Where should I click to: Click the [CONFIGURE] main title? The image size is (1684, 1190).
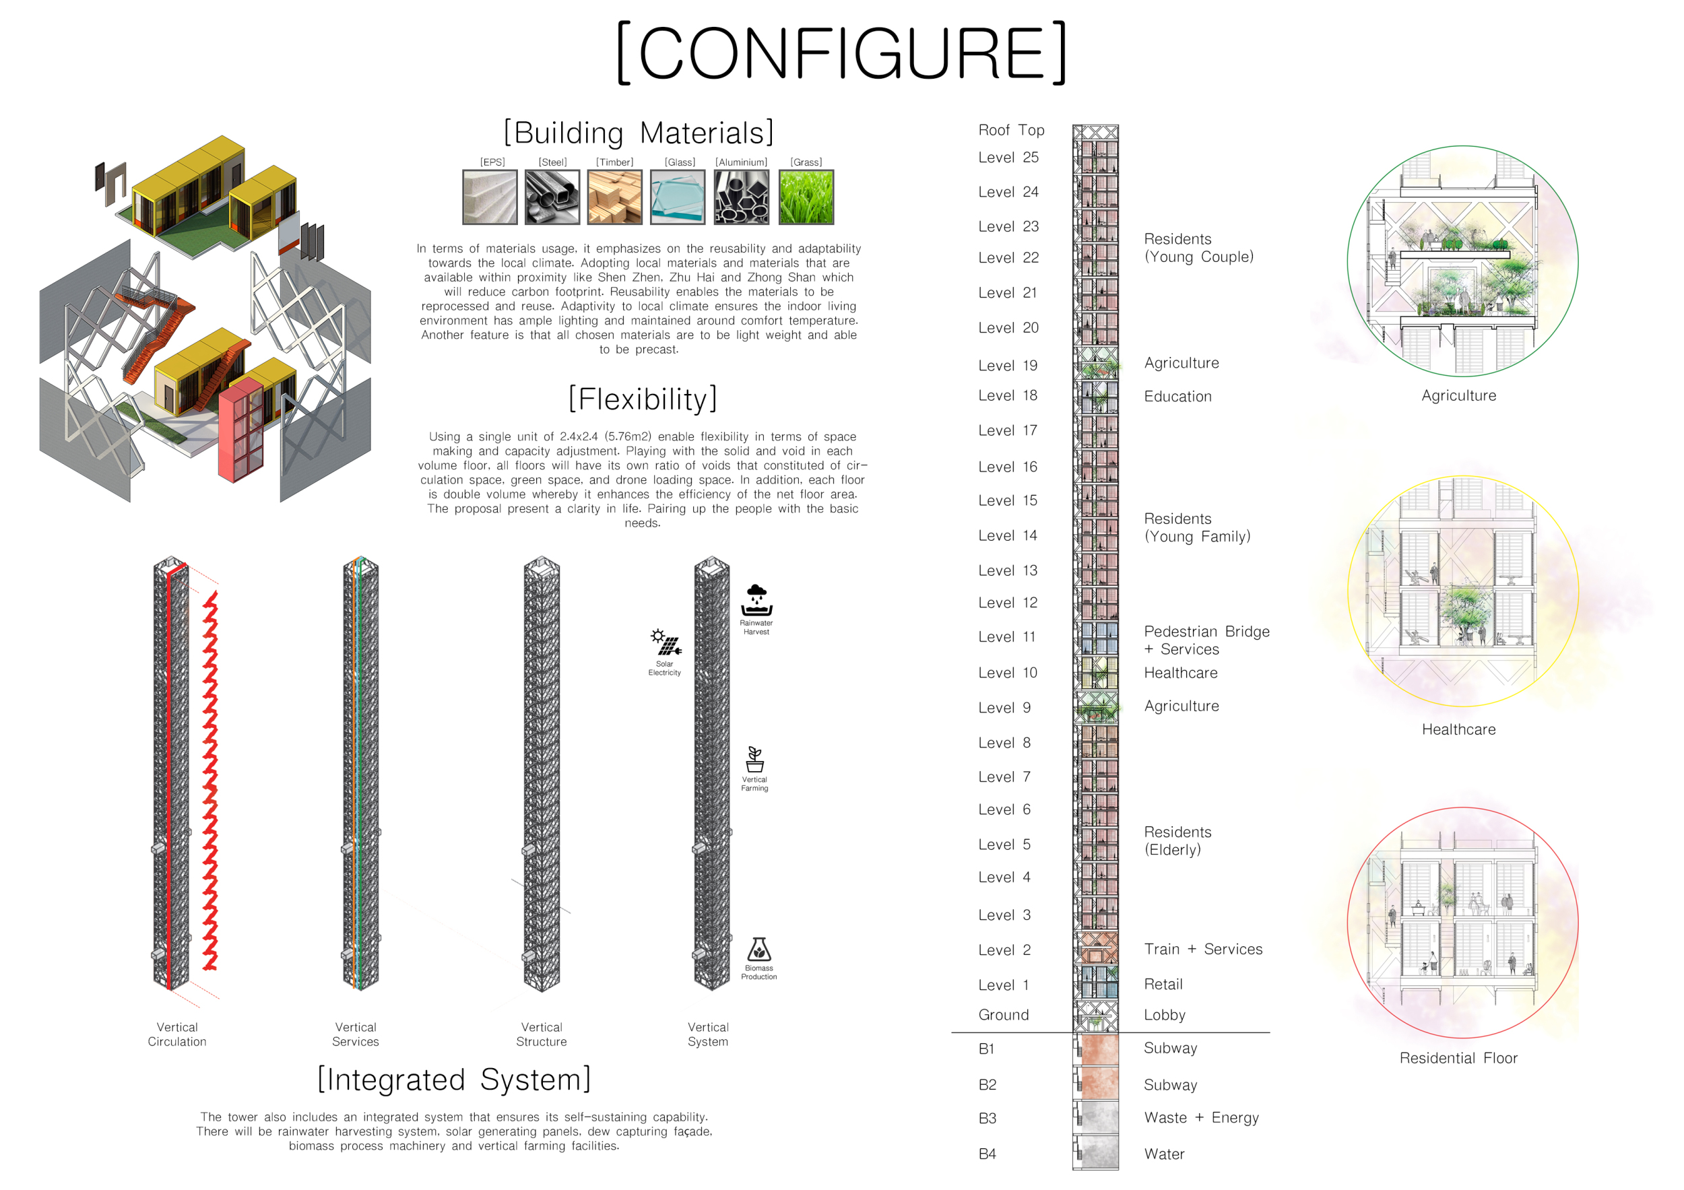[x=841, y=53]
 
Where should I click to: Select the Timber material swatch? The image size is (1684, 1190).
[x=614, y=197]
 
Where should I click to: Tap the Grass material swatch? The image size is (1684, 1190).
[x=806, y=197]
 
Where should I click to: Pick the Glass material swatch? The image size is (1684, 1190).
[x=677, y=197]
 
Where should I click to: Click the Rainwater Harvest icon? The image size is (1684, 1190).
[x=756, y=601]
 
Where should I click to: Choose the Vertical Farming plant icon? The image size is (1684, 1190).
[x=754, y=760]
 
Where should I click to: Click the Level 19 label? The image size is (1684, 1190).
[x=1007, y=365]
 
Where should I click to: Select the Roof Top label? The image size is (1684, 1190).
[x=1010, y=130]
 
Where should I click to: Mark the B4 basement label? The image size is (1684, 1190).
[x=987, y=1154]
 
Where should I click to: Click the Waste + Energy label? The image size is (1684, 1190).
[x=1200, y=1117]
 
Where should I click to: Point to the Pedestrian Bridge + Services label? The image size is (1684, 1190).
[x=1206, y=640]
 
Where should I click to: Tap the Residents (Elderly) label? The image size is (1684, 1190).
[x=1177, y=840]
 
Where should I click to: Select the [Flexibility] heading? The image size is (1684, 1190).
[x=643, y=399]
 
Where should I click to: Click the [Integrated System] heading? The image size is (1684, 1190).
[x=454, y=1080]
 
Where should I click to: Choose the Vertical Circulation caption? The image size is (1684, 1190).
[x=176, y=1034]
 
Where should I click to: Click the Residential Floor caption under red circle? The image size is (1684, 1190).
[x=1458, y=1057]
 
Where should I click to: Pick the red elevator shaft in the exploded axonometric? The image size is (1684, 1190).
[x=241, y=431]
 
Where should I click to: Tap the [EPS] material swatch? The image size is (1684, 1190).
[x=489, y=197]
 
